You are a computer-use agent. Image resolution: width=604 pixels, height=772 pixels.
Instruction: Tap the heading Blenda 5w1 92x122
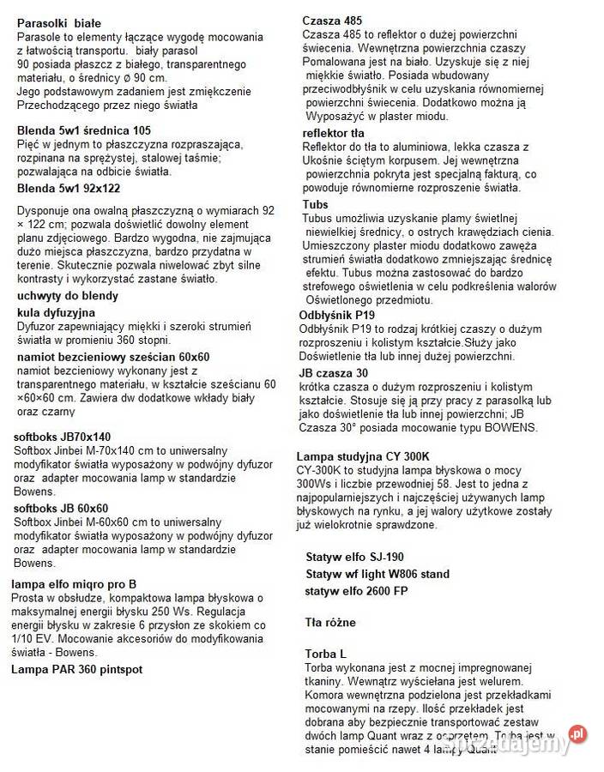69,189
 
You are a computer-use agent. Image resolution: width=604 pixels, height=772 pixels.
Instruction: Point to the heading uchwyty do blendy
68,296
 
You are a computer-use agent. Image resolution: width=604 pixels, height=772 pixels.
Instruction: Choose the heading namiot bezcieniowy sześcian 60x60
113,357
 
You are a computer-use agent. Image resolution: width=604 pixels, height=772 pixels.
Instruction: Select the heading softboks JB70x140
62,437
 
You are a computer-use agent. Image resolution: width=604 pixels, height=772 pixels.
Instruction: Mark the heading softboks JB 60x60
61,508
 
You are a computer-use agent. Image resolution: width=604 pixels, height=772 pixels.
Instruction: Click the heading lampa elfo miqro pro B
74,584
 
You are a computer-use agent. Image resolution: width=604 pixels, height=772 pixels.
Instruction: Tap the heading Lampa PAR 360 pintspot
76,668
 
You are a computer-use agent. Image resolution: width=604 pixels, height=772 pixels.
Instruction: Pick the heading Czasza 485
332,21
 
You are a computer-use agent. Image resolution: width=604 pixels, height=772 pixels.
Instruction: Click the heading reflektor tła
333,133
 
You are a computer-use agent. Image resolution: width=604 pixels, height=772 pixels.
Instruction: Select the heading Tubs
315,204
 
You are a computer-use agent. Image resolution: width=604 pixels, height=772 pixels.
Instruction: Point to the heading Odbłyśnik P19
336,315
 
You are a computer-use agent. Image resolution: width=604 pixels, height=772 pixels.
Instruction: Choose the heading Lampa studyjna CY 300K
363,455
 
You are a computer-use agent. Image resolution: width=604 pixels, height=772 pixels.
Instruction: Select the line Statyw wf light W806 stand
377,574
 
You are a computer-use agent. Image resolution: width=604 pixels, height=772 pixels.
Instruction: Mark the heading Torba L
325,654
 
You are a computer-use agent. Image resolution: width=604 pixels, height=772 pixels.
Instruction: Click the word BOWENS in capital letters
510,428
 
